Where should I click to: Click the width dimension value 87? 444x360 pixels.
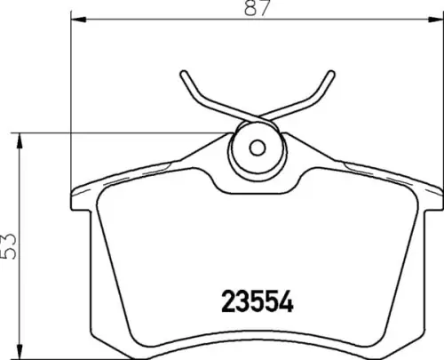(x=258, y=8)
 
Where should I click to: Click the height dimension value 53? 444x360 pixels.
(x=8, y=246)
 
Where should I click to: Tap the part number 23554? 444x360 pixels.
(x=258, y=301)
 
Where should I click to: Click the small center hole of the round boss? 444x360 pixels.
(x=257, y=148)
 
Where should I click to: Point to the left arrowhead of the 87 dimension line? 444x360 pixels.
(x=78, y=20)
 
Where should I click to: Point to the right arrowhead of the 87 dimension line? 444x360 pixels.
(x=437, y=20)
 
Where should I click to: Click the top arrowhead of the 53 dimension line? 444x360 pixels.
(x=20, y=140)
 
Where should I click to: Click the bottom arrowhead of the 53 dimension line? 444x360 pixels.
(x=20, y=351)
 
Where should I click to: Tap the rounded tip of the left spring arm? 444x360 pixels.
(x=184, y=74)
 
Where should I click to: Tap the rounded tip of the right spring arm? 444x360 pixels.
(x=330, y=74)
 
